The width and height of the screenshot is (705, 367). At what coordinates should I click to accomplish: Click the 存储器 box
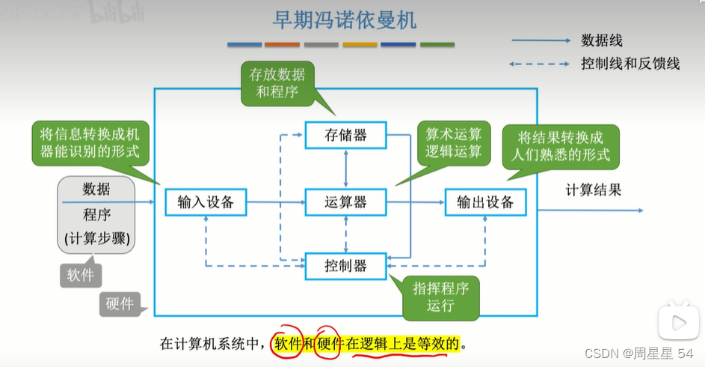(345, 136)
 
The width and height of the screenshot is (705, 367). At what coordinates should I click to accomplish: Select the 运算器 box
(345, 202)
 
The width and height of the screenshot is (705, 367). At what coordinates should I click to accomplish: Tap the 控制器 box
(345, 266)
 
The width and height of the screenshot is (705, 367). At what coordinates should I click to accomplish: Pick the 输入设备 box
(206, 202)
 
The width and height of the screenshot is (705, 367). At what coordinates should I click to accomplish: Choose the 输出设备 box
(485, 202)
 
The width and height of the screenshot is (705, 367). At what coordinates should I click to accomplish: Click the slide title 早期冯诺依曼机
(345, 20)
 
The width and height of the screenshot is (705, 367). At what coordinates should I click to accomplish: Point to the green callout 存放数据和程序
(277, 83)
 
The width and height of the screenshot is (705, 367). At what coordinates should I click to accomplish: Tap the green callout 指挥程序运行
(440, 297)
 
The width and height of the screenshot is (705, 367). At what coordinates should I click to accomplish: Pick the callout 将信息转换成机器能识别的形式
(90, 143)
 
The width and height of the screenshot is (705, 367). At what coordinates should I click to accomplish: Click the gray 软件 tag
(81, 275)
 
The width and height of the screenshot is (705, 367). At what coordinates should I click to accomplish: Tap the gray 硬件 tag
(120, 303)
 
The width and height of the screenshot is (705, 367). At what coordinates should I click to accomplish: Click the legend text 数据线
(601, 40)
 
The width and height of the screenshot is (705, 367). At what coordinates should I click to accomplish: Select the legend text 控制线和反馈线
(629, 64)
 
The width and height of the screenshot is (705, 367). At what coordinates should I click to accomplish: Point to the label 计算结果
(593, 189)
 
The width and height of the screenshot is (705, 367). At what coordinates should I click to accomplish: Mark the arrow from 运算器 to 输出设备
(416, 202)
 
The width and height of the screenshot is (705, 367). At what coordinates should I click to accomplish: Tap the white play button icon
(678, 323)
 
